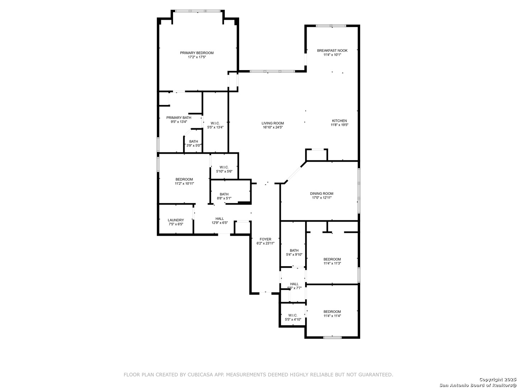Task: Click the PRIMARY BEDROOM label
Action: (x=197, y=53)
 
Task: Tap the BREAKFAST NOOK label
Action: (x=332, y=51)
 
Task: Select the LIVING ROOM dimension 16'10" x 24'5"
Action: (x=273, y=127)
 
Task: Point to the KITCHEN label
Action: (x=339, y=121)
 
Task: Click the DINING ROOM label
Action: (x=322, y=194)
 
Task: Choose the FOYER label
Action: (x=265, y=239)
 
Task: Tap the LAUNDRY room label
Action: (x=176, y=220)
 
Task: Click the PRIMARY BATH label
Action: (x=179, y=117)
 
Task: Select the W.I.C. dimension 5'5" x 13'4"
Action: (x=215, y=127)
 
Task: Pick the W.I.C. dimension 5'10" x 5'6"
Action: (x=224, y=171)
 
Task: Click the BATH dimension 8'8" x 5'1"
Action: (x=224, y=198)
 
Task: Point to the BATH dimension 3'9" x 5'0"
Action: (x=194, y=145)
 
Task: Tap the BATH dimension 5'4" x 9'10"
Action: (x=294, y=255)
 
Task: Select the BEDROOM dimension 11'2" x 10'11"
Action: (x=184, y=184)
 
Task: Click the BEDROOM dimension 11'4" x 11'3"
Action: (x=332, y=263)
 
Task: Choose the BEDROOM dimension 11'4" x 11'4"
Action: (x=332, y=316)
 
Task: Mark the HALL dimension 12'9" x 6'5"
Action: (x=220, y=223)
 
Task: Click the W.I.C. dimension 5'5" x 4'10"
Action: (x=293, y=319)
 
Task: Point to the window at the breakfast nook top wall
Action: (x=331, y=26)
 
